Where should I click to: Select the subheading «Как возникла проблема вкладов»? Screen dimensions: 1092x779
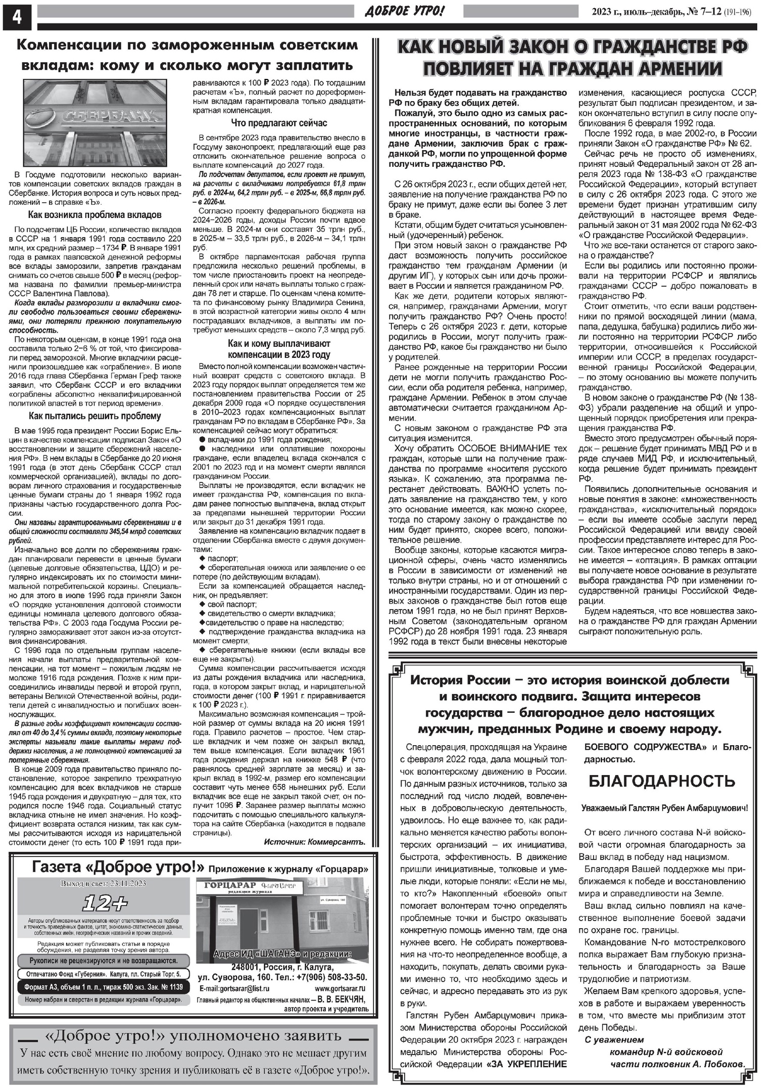(94, 215)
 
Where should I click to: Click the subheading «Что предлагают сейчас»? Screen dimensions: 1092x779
(279, 123)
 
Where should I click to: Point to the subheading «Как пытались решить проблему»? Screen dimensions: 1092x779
(94, 416)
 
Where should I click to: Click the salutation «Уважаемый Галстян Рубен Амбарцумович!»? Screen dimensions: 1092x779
(664, 808)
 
